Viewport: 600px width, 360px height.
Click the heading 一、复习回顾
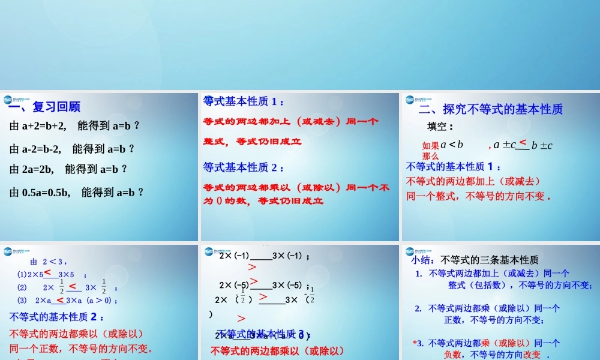(44, 107)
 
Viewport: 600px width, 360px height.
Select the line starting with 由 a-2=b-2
(73, 149)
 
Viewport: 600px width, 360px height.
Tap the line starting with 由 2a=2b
(69, 169)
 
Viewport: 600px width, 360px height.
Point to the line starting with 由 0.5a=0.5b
(77, 193)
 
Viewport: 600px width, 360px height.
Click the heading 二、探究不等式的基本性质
(491, 109)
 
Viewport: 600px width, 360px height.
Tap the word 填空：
(440, 127)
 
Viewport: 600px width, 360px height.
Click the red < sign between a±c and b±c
(523, 142)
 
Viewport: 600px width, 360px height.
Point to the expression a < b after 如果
(452, 144)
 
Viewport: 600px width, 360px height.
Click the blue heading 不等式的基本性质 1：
(454, 166)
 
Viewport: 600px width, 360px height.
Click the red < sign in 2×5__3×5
(47, 272)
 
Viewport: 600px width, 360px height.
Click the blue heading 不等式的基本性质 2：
(57, 317)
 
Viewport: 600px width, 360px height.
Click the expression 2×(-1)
(234, 256)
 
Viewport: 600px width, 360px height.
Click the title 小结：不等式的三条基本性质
(475, 260)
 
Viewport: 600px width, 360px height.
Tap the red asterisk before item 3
(415, 343)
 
